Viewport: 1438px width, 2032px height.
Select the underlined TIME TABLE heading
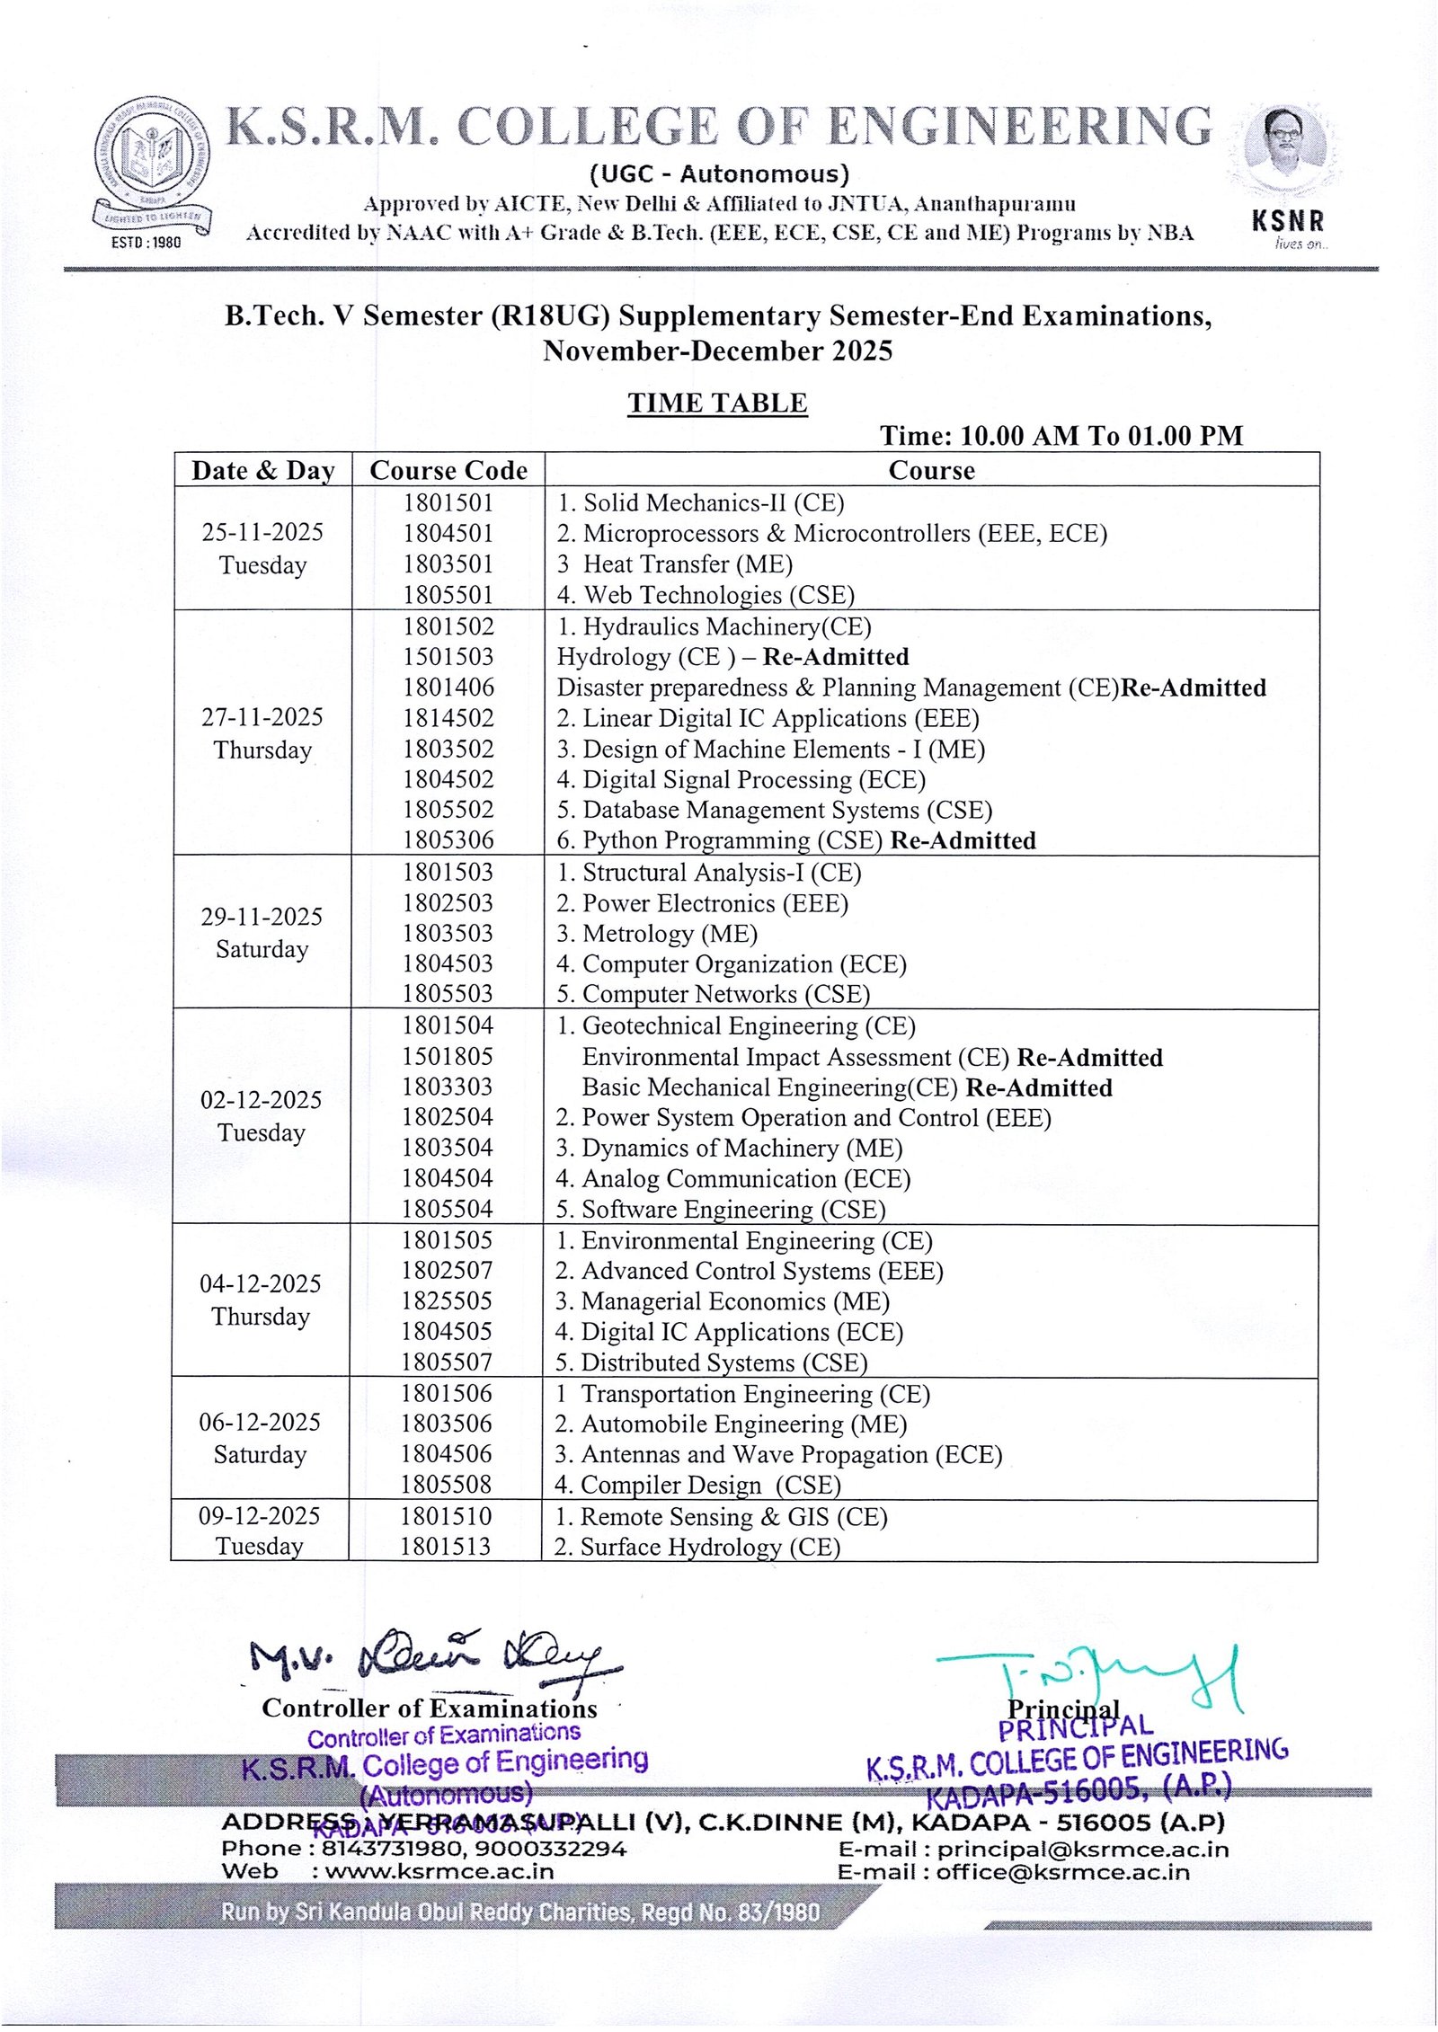tap(717, 403)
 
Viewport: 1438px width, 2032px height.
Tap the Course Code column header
tap(448, 470)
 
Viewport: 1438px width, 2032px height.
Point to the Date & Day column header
tap(262, 470)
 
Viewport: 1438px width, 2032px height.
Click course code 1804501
tap(448, 534)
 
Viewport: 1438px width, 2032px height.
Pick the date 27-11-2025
tap(262, 717)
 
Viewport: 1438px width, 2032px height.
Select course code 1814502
tap(448, 718)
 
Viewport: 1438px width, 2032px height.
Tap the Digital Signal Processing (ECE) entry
tap(741, 779)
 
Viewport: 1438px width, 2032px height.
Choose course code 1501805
tap(448, 1056)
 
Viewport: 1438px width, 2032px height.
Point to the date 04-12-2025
tap(261, 1283)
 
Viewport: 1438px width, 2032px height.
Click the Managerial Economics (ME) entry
tap(722, 1301)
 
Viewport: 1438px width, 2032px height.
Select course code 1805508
tap(447, 1484)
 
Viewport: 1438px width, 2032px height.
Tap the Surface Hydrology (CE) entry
tap(697, 1547)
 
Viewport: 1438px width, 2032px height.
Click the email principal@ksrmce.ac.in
tap(1082, 1850)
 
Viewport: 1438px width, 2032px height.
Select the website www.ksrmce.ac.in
tap(439, 1872)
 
